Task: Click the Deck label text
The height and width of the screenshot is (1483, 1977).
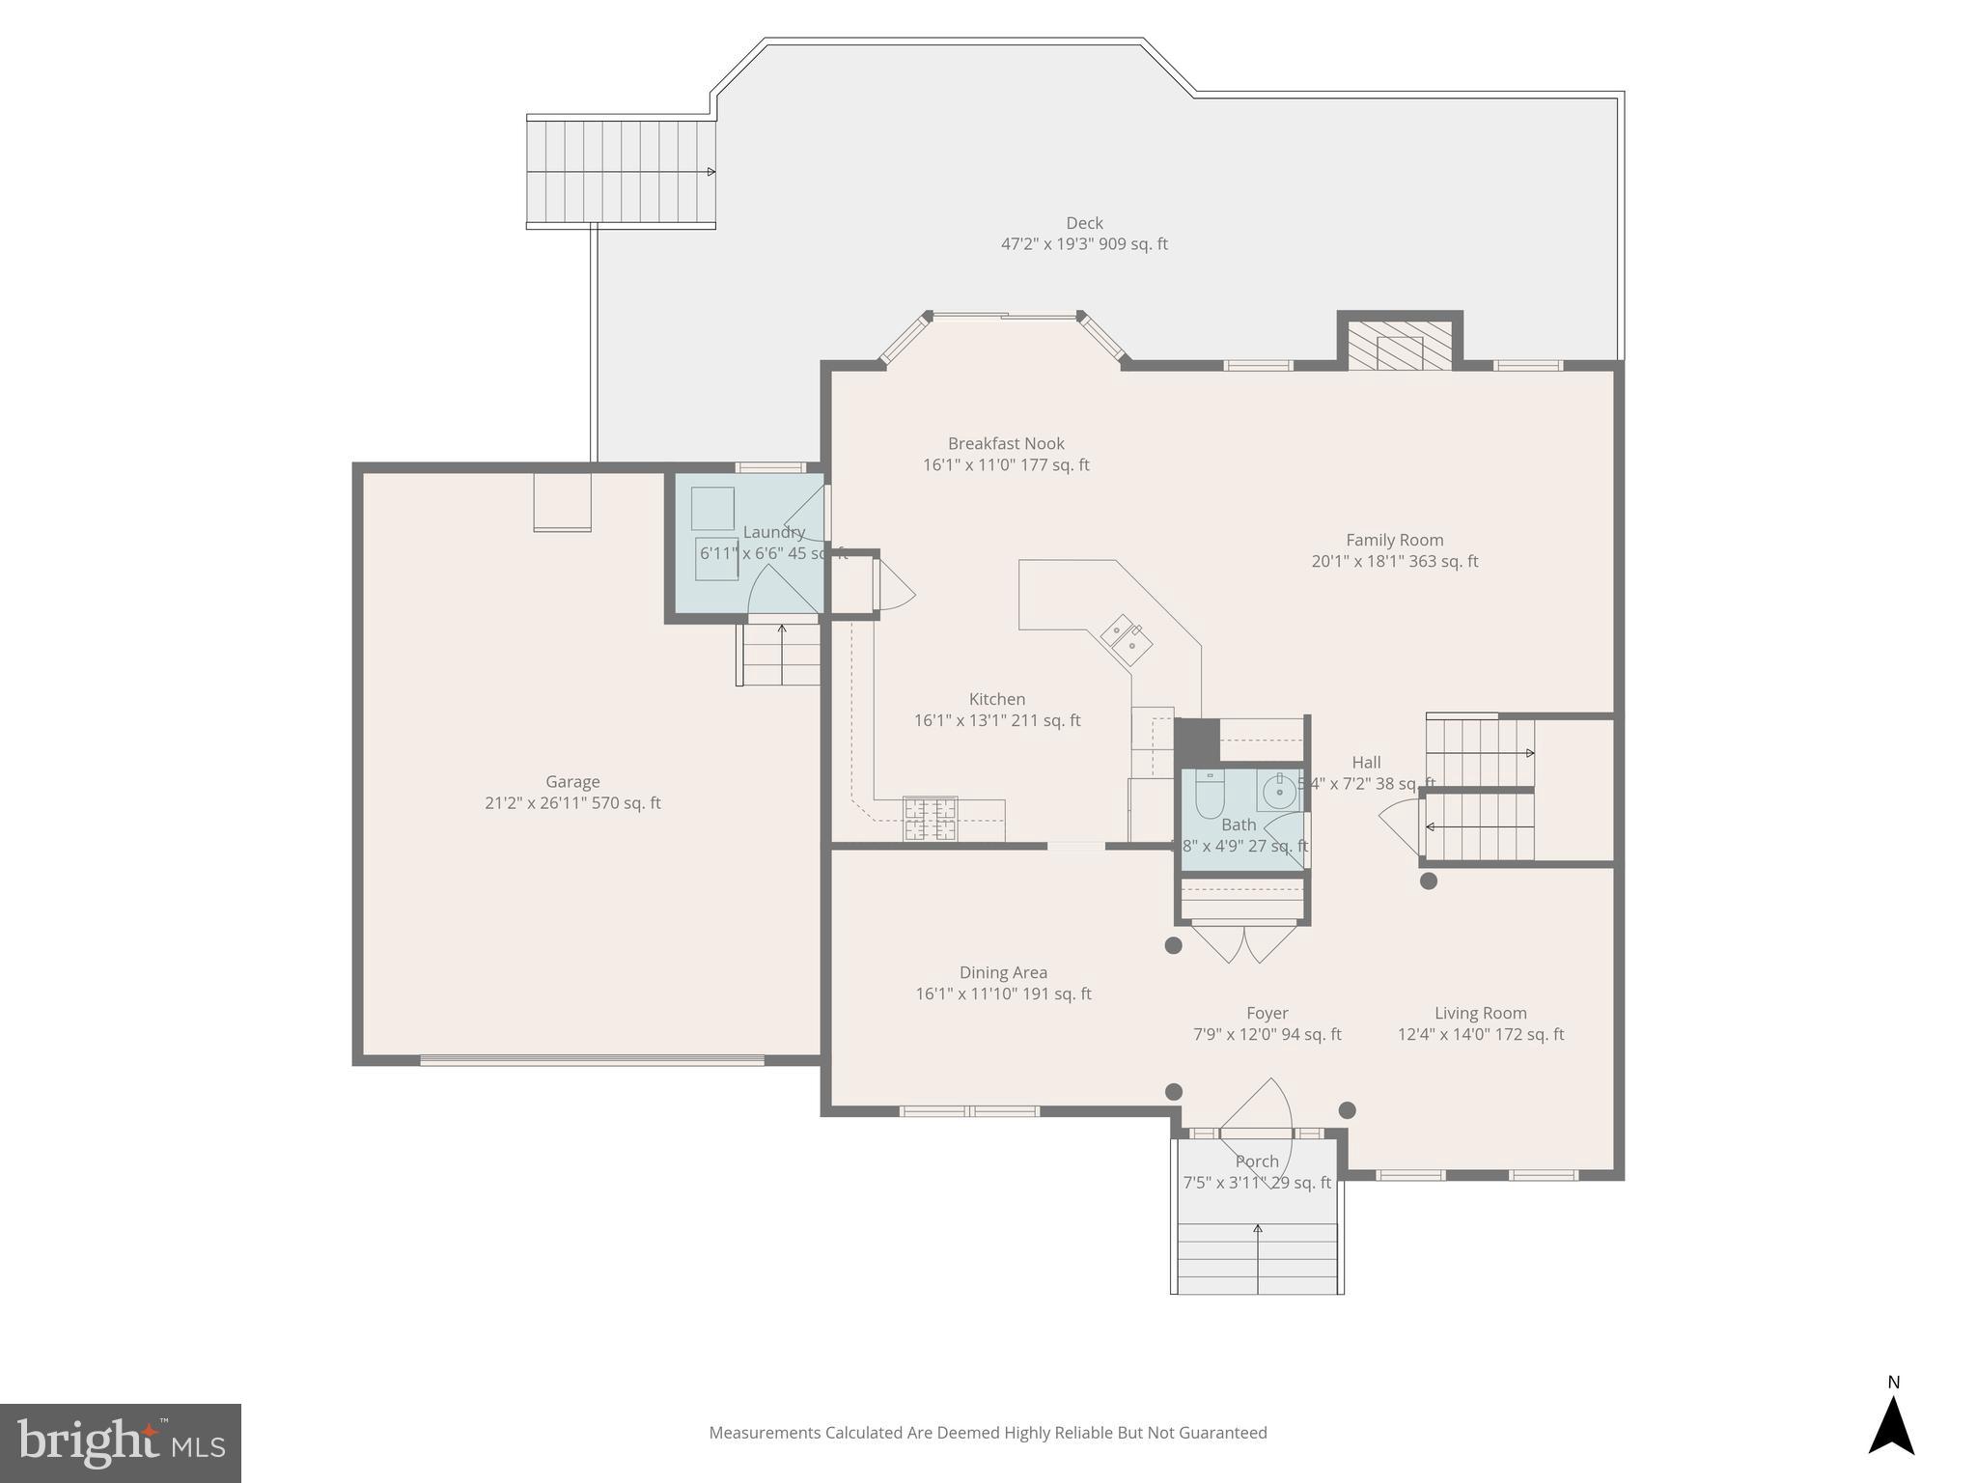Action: [1084, 223]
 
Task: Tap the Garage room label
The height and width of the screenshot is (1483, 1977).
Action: [572, 782]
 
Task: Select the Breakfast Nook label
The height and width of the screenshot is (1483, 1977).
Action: [1006, 443]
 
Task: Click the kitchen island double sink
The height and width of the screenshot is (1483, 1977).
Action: [1127, 639]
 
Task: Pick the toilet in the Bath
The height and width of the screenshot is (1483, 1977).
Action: [1209, 794]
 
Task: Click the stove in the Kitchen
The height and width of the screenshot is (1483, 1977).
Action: [930, 819]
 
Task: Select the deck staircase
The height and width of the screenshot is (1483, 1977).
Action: [621, 172]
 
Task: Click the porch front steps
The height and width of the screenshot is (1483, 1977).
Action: [1257, 1255]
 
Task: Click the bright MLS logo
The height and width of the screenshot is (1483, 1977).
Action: [121, 1442]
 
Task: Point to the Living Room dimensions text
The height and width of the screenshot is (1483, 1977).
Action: [1481, 1034]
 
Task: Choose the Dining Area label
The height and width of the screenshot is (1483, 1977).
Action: [1003, 972]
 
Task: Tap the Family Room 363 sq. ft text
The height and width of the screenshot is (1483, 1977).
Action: [1394, 561]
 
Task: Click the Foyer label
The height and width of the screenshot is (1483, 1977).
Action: [1267, 1013]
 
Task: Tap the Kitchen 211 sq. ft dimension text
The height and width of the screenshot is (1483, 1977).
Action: [997, 720]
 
